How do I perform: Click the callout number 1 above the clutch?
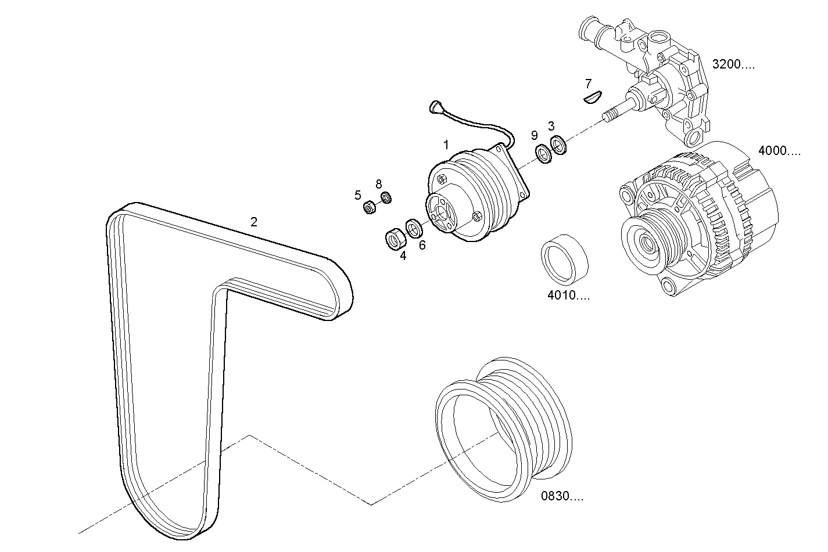pos(446,145)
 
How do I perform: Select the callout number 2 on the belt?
pos(253,222)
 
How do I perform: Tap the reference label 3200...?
pos(733,64)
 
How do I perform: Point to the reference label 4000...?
pos(779,151)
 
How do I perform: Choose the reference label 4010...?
pos(568,295)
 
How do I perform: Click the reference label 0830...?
pos(562,496)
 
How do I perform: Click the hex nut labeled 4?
pos(395,239)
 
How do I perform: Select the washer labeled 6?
pos(414,228)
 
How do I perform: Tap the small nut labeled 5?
pos(368,207)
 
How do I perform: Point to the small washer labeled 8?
pos(386,199)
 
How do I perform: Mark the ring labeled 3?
pos(558,145)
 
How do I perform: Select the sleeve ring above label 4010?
pos(565,255)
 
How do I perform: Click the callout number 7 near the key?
pos(588,83)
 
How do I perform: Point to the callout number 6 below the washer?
pos(422,245)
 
